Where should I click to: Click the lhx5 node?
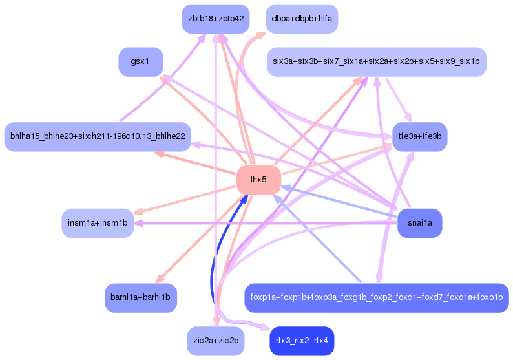(x=258, y=180)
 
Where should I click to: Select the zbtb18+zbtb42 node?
(x=215, y=19)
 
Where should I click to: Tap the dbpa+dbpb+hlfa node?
(x=302, y=19)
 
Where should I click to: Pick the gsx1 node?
(x=140, y=62)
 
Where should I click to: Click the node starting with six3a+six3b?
(x=376, y=62)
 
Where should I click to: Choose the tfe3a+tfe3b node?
(x=420, y=137)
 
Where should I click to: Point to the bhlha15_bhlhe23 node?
(x=98, y=136)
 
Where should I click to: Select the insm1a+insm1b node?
(x=98, y=223)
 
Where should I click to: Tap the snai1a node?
(x=420, y=223)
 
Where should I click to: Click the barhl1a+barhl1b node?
(x=140, y=298)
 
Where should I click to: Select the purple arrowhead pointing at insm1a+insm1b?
(x=138, y=224)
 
